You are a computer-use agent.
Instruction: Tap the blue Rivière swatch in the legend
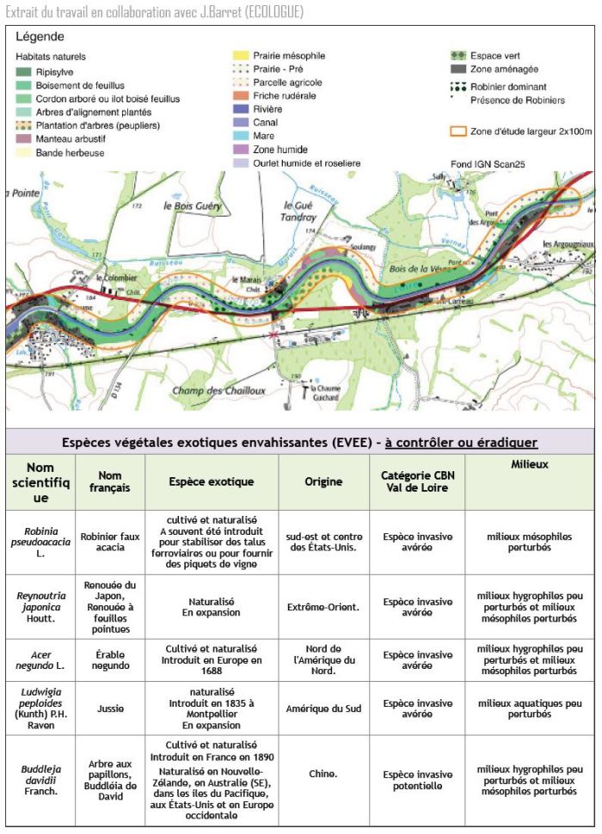[241, 109]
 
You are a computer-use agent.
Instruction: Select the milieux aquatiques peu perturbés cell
[530, 708]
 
